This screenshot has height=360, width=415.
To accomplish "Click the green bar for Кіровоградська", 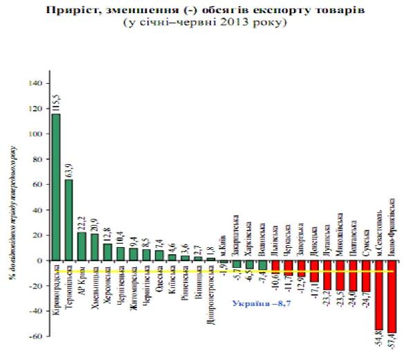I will [56, 187].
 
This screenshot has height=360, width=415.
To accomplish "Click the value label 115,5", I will [56, 101].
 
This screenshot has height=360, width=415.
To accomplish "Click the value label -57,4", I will [392, 344].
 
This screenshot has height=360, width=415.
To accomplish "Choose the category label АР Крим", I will [82, 280].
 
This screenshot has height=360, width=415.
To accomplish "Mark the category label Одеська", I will [159, 283].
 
